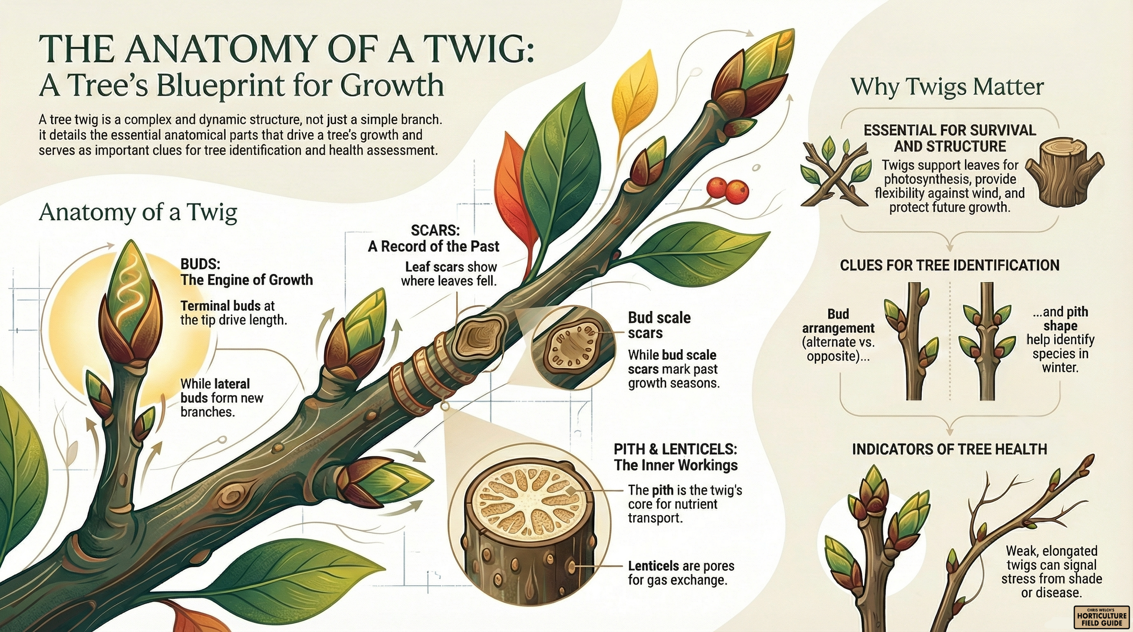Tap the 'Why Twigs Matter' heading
[x=947, y=87]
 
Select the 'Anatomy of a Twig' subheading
[x=138, y=212]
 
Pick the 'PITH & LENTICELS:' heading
[x=675, y=449]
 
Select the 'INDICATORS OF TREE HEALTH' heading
[x=949, y=449]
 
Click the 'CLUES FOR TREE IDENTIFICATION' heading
[x=949, y=265]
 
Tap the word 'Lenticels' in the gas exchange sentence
[x=653, y=566]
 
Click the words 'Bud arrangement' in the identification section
[x=838, y=321]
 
